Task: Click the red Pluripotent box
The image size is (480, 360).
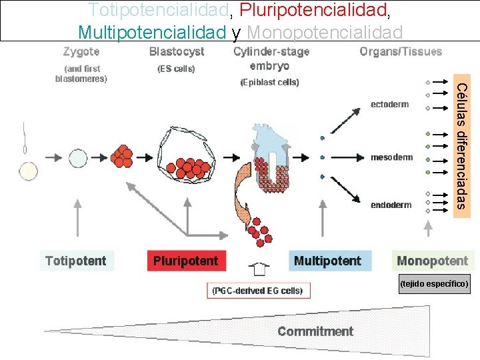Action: coord(186,261)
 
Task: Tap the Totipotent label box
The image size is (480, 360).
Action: coord(75,261)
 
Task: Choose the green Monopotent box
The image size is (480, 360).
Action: coord(432,261)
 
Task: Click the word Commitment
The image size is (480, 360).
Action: coord(315,331)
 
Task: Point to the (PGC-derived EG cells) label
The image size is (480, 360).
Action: coord(257,291)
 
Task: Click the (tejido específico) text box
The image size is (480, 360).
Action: coord(435,284)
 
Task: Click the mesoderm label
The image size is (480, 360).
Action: coord(391,157)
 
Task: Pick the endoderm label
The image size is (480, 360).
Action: coord(391,205)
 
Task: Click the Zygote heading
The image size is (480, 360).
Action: coord(81,51)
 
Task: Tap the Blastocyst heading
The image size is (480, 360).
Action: coord(177,51)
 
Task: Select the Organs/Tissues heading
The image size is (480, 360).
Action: coord(401,51)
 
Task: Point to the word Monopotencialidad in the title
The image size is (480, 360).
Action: coord(325,31)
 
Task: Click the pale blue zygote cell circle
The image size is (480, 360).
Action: coord(78,158)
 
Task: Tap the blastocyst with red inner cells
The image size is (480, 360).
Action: coord(186,158)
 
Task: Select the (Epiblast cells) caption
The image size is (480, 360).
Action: coord(269,82)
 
